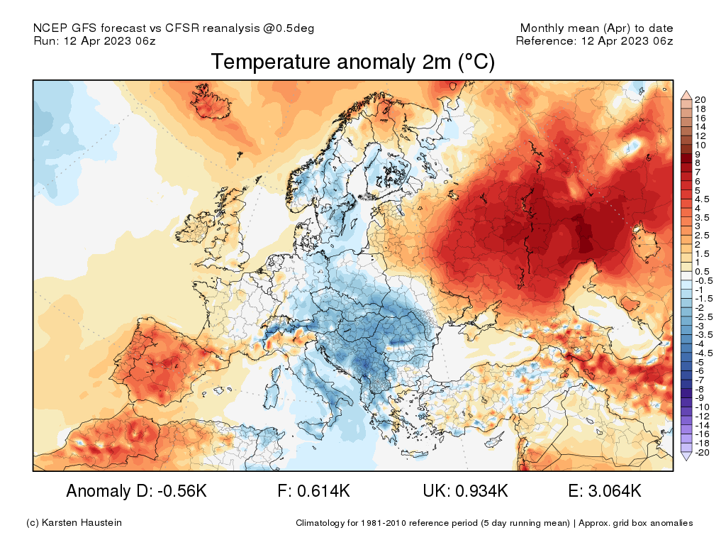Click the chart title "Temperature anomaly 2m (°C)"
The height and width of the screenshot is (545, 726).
point(352,62)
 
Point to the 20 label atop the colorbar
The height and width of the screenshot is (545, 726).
point(700,99)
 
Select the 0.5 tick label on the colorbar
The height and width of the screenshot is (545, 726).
point(702,272)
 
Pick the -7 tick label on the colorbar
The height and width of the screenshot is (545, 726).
point(700,380)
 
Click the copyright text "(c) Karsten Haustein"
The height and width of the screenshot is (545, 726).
point(74,523)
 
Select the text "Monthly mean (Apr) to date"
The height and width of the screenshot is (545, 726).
point(596,28)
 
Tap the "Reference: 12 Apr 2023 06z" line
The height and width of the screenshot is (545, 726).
point(594,40)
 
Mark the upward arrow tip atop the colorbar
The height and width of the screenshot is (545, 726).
point(686,92)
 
